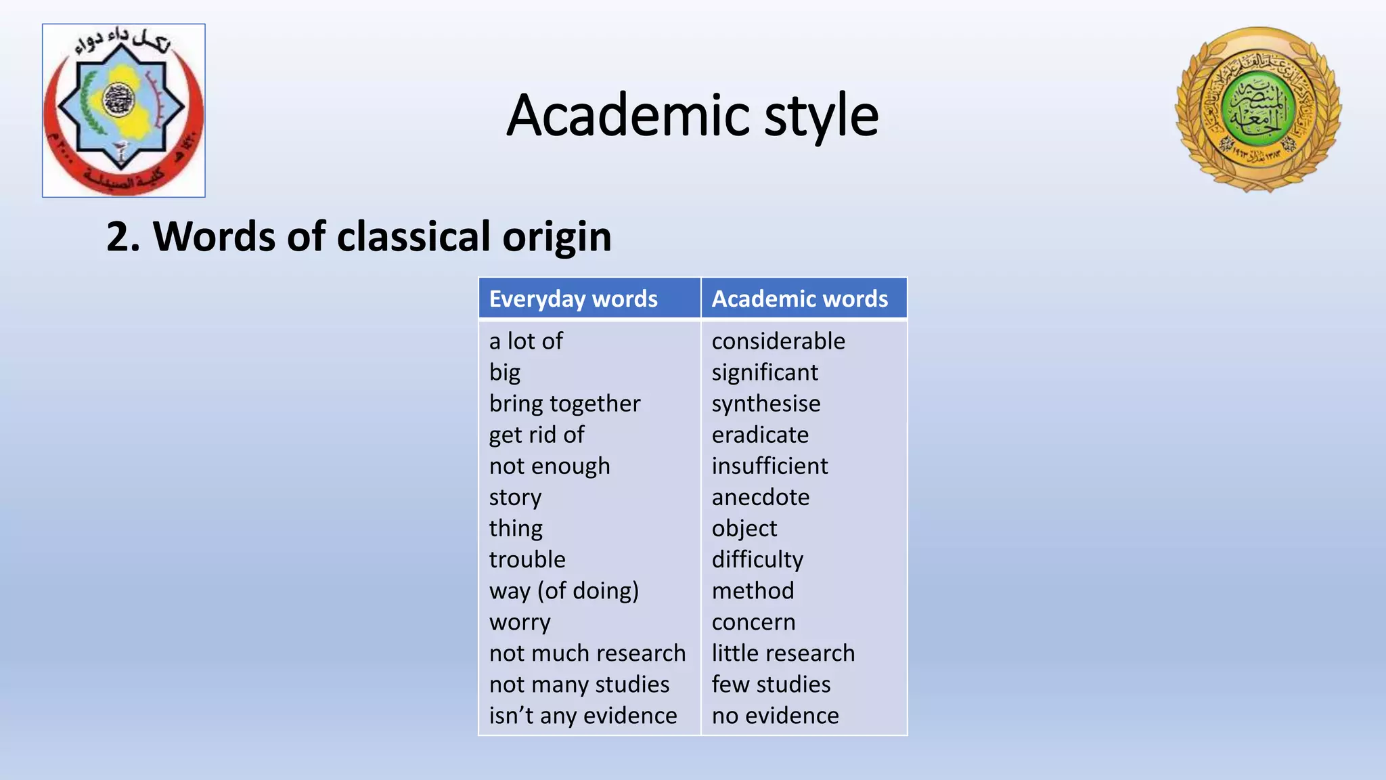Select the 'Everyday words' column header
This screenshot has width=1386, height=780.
click(x=573, y=299)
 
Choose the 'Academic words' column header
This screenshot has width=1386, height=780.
click(x=799, y=299)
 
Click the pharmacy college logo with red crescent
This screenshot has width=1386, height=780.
click(x=124, y=110)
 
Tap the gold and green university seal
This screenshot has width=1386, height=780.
click(x=1258, y=110)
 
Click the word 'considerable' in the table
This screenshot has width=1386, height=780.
click(x=778, y=341)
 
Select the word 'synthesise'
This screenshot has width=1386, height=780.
click(x=766, y=404)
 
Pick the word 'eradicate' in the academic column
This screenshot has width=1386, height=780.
click(x=760, y=435)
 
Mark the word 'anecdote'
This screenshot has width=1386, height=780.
click(x=761, y=497)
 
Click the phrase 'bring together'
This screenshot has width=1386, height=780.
click(x=564, y=404)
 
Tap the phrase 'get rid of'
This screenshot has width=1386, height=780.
click(x=537, y=435)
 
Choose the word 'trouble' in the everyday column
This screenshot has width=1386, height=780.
click(x=527, y=559)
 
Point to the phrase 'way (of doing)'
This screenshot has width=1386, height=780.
click(x=564, y=590)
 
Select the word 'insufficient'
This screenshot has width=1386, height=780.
click(x=769, y=466)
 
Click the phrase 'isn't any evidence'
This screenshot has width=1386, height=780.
click(x=583, y=716)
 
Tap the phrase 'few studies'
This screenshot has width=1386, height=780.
click(x=771, y=685)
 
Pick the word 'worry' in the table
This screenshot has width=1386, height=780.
click(x=520, y=622)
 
